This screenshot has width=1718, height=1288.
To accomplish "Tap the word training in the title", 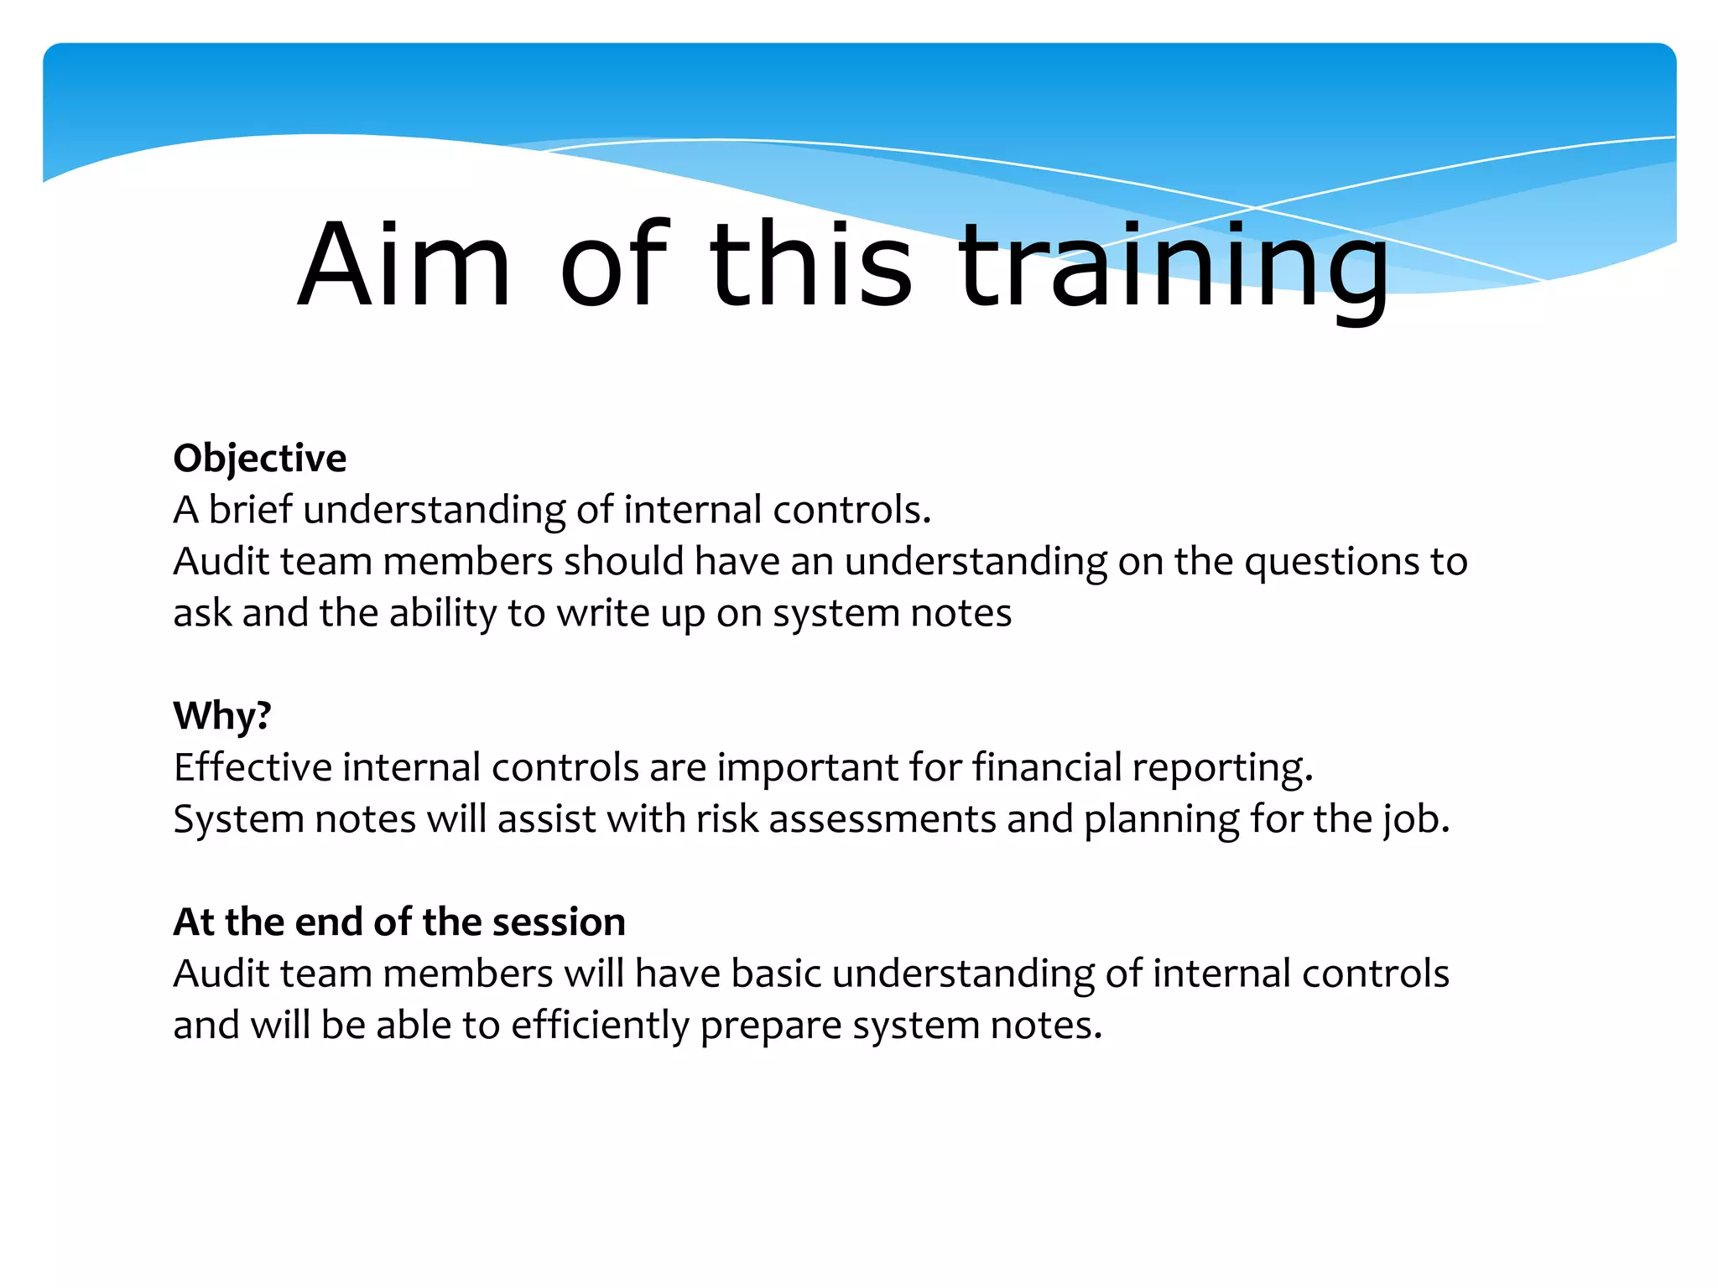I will pos(1173,268).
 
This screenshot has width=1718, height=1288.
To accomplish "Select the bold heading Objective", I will pos(259,459).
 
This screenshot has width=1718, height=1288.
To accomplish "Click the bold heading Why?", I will pos(222,716).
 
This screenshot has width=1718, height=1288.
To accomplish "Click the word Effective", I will pos(252,767).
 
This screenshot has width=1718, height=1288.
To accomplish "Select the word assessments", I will pos(882,819).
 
